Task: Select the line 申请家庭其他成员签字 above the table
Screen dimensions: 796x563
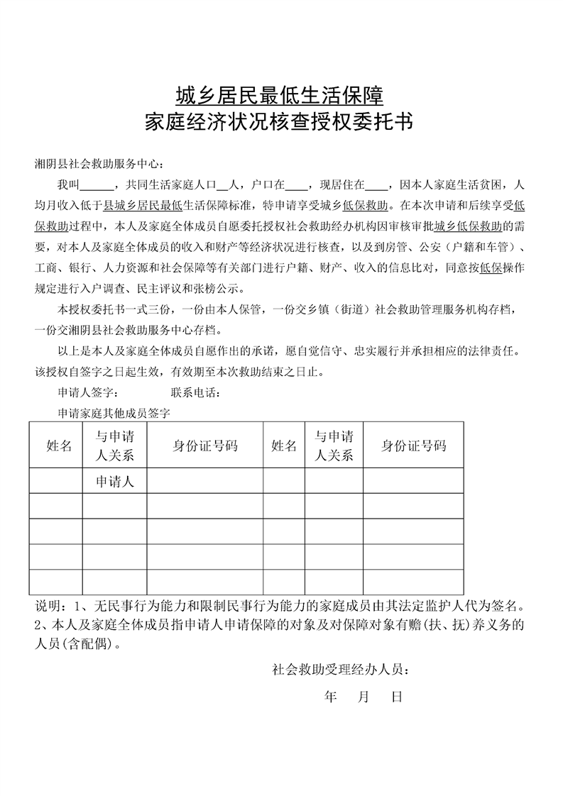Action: pyautogui.click(x=114, y=411)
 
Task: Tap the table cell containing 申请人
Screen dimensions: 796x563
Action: pyautogui.click(x=115, y=482)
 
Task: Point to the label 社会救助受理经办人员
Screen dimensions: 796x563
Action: pyautogui.click(x=339, y=669)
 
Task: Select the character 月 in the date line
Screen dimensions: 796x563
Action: pyautogui.click(x=364, y=697)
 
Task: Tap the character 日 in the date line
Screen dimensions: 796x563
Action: pyautogui.click(x=397, y=697)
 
